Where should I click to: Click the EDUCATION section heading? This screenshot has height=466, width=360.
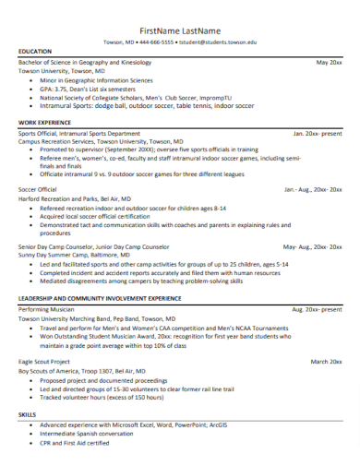coord(35,52)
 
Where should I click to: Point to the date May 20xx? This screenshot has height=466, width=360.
coord(329,62)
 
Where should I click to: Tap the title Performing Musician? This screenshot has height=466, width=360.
coord(46,310)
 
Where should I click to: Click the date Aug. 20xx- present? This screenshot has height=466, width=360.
coord(317,310)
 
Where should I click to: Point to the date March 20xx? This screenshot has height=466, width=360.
coord(326,361)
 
